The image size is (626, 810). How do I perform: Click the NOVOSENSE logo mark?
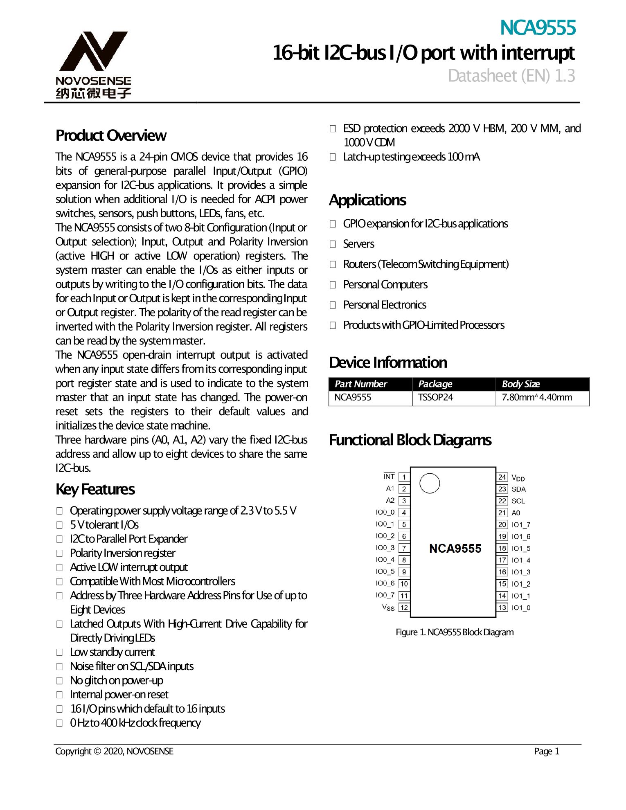tap(94, 51)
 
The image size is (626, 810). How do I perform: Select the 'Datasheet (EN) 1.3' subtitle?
tap(511, 76)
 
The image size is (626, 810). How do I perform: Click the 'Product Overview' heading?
tap(111, 135)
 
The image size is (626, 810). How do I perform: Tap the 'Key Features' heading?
tap(95, 489)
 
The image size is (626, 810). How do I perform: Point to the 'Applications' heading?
tap(367, 200)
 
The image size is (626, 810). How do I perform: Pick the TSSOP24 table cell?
tap(435, 398)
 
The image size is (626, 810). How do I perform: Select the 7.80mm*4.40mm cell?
tap(536, 398)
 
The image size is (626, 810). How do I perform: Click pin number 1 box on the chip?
tap(404, 477)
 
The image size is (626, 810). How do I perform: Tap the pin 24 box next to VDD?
tap(502, 477)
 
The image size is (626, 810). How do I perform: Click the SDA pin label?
tap(518, 489)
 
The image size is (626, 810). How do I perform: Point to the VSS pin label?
tap(388, 607)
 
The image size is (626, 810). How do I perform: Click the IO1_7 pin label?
tap(521, 525)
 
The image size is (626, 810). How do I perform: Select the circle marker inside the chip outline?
tap(430, 483)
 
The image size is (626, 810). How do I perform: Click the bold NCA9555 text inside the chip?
tap(455, 549)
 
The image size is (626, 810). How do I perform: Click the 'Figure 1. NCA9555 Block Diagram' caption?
tap(454, 632)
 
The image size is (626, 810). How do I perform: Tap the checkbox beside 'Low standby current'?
tap(60, 652)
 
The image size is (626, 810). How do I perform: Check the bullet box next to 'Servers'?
tap(333, 244)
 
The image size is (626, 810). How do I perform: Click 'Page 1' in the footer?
tap(546, 751)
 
